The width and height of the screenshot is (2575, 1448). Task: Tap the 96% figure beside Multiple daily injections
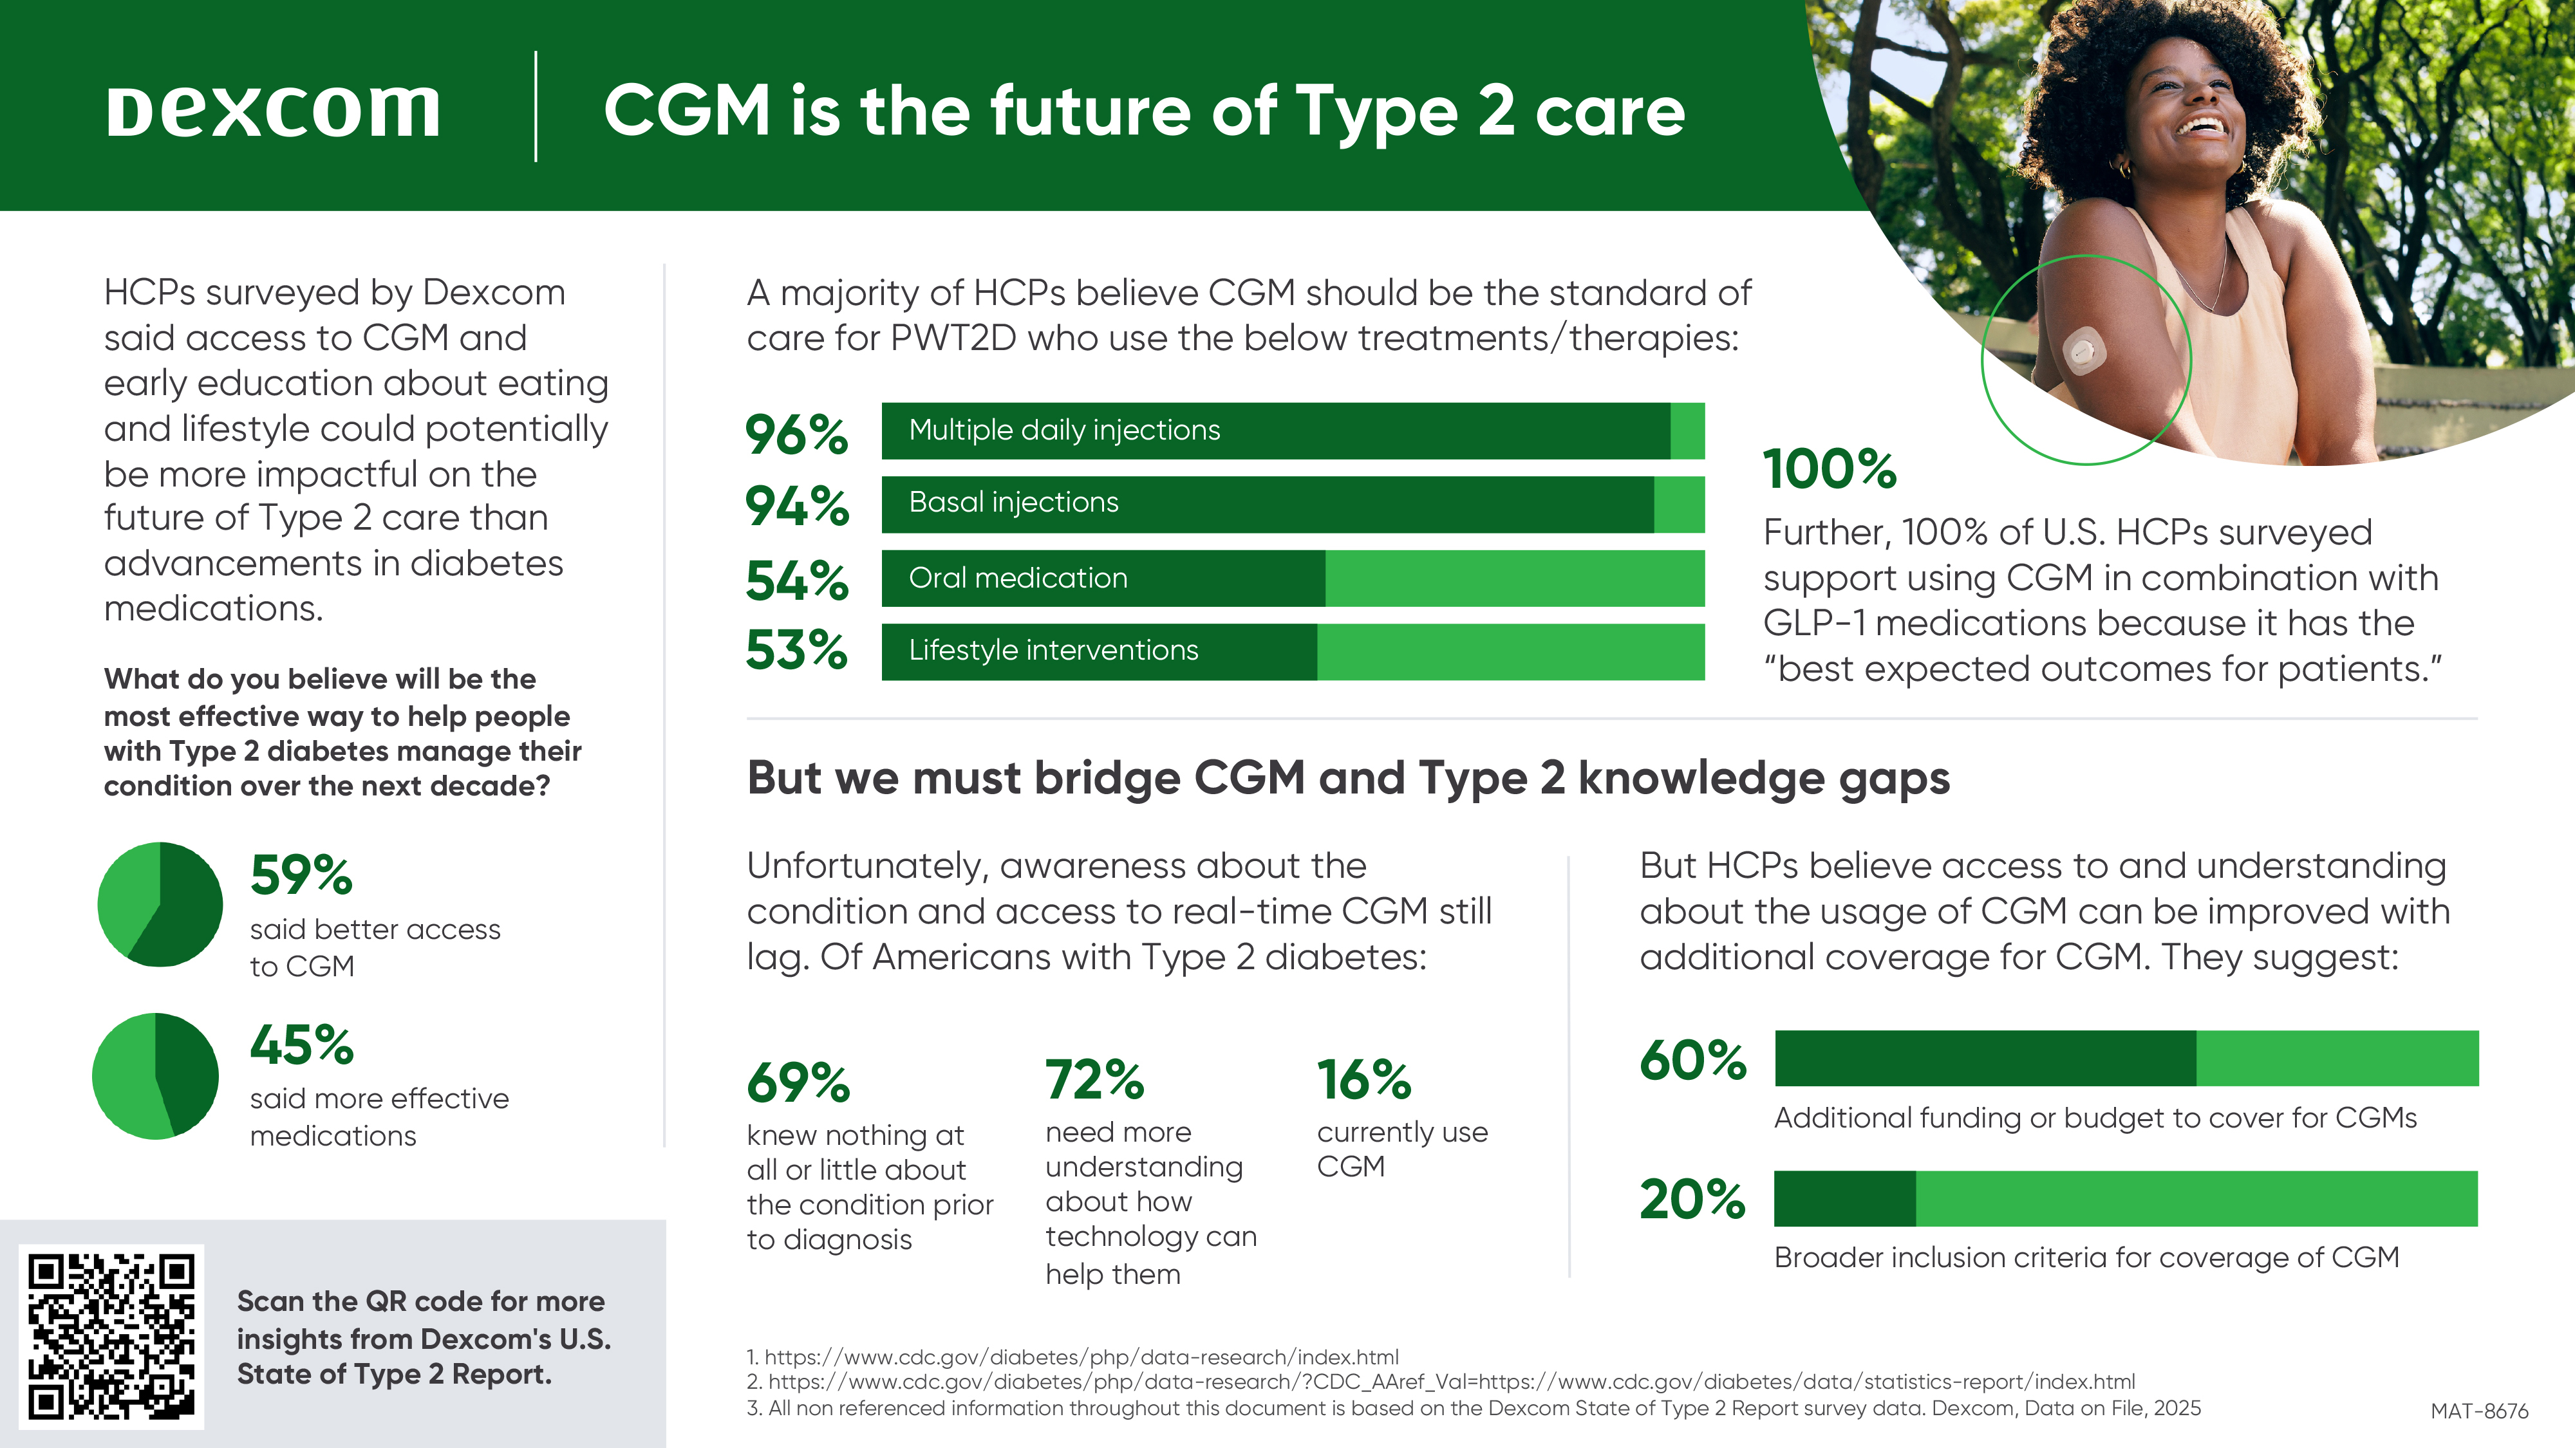(x=797, y=434)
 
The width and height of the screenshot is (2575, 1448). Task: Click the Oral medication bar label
(x=1018, y=578)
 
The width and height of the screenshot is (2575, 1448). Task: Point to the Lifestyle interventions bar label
(x=1053, y=651)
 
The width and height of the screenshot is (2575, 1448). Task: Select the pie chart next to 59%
(x=160, y=904)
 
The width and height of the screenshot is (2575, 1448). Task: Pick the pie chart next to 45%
(x=155, y=1075)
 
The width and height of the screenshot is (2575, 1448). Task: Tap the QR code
(x=111, y=1335)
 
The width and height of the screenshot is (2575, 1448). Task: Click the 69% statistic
(x=798, y=1082)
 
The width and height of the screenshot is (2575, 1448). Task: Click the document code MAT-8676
(x=2479, y=1411)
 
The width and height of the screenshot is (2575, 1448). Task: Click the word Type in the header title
(x=1376, y=112)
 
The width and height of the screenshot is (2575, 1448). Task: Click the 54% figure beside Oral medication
(x=797, y=580)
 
